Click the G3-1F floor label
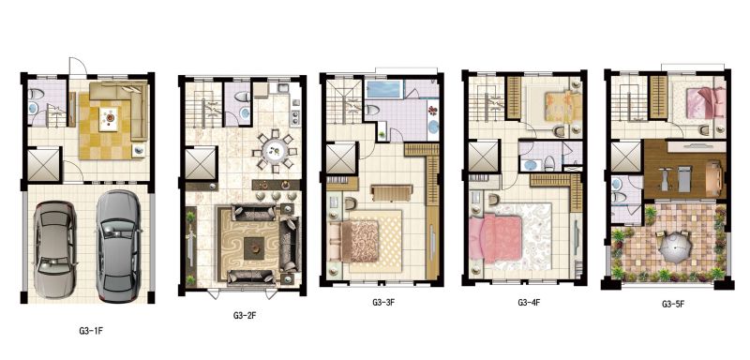pos(91,330)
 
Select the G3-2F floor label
pos(245,315)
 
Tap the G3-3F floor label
pos(384,302)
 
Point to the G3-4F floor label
pos(528,302)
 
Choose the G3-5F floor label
pos(673,304)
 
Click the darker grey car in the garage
pos(118,246)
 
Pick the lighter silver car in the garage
pos(54,249)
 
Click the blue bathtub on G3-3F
pos(383,89)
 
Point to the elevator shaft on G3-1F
pos(43,165)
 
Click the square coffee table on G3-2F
pos(253,248)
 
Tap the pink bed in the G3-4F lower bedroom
pos(496,237)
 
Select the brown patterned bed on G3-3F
pos(360,241)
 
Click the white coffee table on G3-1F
pos(110,117)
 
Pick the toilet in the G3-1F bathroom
pos(35,94)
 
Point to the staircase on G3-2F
pos(203,105)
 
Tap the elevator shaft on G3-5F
pos(625,157)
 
